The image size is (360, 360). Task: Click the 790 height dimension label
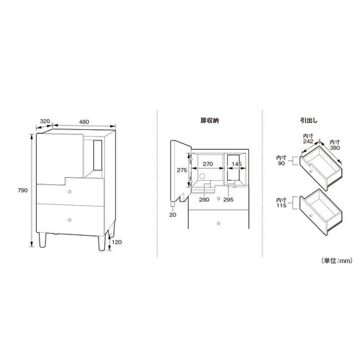[x=23, y=190]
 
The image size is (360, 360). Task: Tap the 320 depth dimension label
[x=45, y=121]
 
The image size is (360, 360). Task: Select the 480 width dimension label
[x=84, y=122]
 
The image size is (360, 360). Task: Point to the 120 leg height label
[x=117, y=242]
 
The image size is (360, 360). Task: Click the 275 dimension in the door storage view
[x=182, y=170]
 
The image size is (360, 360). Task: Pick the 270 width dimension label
[x=208, y=164]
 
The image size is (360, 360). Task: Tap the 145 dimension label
[x=237, y=164]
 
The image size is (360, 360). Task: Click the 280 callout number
[x=204, y=200]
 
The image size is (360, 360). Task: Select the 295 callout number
[x=228, y=200]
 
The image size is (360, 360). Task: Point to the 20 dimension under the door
[x=173, y=215]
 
